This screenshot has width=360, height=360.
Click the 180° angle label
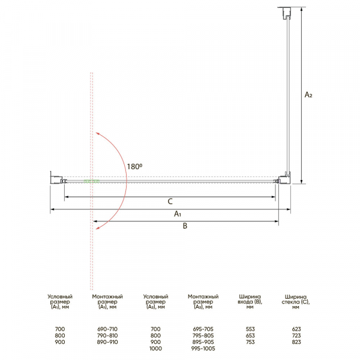(134, 166)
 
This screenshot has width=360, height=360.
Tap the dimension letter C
(170, 202)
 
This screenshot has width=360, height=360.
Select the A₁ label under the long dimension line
(178, 214)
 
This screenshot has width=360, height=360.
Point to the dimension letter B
(185, 226)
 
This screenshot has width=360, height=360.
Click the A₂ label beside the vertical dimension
(308, 95)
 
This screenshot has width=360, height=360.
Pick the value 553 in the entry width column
(250, 329)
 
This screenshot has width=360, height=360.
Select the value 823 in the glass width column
(296, 342)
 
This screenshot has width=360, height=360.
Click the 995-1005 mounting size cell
(203, 349)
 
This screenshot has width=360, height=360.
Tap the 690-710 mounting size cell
(107, 329)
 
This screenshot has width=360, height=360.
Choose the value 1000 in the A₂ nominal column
(155, 349)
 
